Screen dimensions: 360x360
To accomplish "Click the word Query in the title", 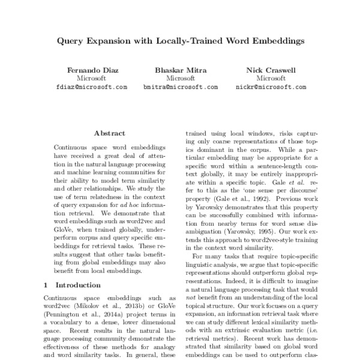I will [71, 42].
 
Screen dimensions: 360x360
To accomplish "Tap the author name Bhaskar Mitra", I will [180, 70].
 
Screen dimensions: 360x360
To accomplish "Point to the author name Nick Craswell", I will [271, 70].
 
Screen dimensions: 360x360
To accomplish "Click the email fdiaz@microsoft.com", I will [91, 87].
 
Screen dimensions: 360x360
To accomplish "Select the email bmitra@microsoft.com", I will [180, 87].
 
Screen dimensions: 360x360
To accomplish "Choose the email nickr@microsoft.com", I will [271, 87].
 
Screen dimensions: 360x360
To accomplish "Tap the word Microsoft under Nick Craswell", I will [271, 79].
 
